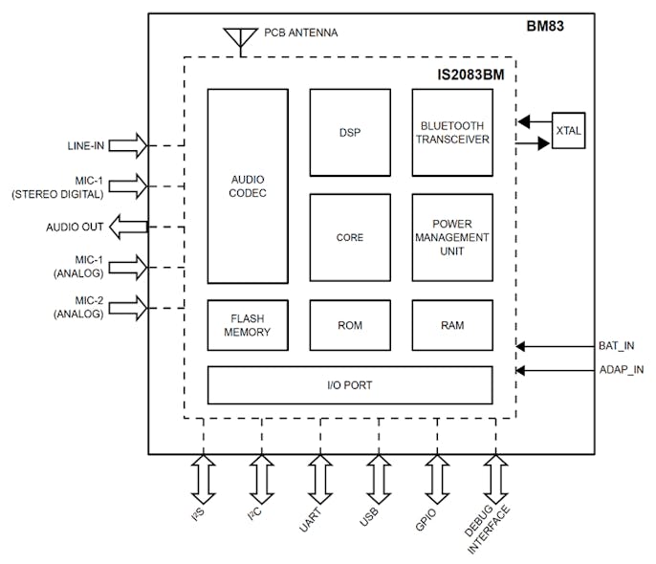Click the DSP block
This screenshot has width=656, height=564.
[x=349, y=133]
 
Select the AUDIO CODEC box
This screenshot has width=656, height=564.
[x=248, y=186]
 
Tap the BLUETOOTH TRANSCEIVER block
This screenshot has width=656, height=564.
[x=452, y=133]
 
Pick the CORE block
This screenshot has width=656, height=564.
[x=349, y=238]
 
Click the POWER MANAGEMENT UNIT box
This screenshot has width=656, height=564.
[x=452, y=238]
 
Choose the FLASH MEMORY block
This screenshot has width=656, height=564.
[x=248, y=325]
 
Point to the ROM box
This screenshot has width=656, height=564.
[x=349, y=325]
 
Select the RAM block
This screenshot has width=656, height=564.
[x=452, y=325]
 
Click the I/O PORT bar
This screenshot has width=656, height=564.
[x=350, y=385]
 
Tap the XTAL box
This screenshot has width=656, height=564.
[x=568, y=130]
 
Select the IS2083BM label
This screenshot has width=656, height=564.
[x=470, y=72]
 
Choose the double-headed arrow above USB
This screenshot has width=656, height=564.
[x=378, y=478]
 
